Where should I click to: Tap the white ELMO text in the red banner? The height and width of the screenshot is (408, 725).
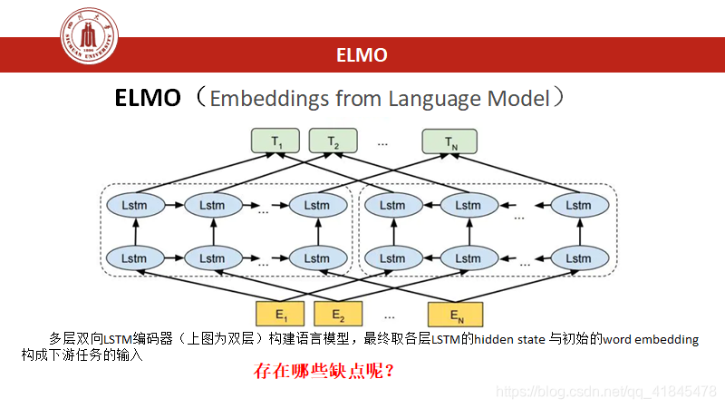pyautogui.click(x=362, y=55)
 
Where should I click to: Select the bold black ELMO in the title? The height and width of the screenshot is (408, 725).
pyautogui.click(x=148, y=98)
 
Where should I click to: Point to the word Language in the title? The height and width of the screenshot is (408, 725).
pyautogui.click(x=432, y=99)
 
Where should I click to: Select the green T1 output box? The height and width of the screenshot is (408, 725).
pyautogui.click(x=277, y=141)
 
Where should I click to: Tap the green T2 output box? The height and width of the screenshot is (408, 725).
pyautogui.click(x=333, y=141)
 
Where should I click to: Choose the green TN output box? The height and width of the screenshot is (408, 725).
pyautogui.click(x=450, y=141)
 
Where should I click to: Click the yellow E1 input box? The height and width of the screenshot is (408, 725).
pyautogui.click(x=281, y=316)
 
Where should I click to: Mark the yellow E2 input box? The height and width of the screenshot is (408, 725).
pyautogui.click(x=337, y=316)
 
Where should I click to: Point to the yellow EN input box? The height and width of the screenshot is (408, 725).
pyautogui.click(x=456, y=316)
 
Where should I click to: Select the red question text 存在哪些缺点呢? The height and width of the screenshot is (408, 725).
pyautogui.click(x=324, y=371)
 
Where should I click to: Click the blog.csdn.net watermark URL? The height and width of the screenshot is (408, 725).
pyautogui.click(x=607, y=392)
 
